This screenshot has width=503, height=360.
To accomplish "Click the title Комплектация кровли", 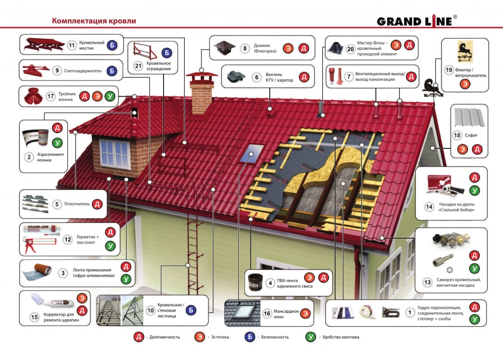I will (x=94, y=21).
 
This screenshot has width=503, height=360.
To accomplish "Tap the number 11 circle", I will (x=71, y=46).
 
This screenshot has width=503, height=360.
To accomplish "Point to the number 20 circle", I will (x=350, y=49).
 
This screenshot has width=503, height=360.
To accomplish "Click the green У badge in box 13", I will (x=474, y=269).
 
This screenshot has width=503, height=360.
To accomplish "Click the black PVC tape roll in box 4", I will (x=254, y=283).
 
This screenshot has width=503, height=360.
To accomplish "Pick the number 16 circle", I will (x=267, y=313).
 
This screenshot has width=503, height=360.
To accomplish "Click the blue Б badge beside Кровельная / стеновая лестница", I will (x=192, y=310).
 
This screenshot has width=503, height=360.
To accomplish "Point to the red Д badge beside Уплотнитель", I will (x=97, y=203).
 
